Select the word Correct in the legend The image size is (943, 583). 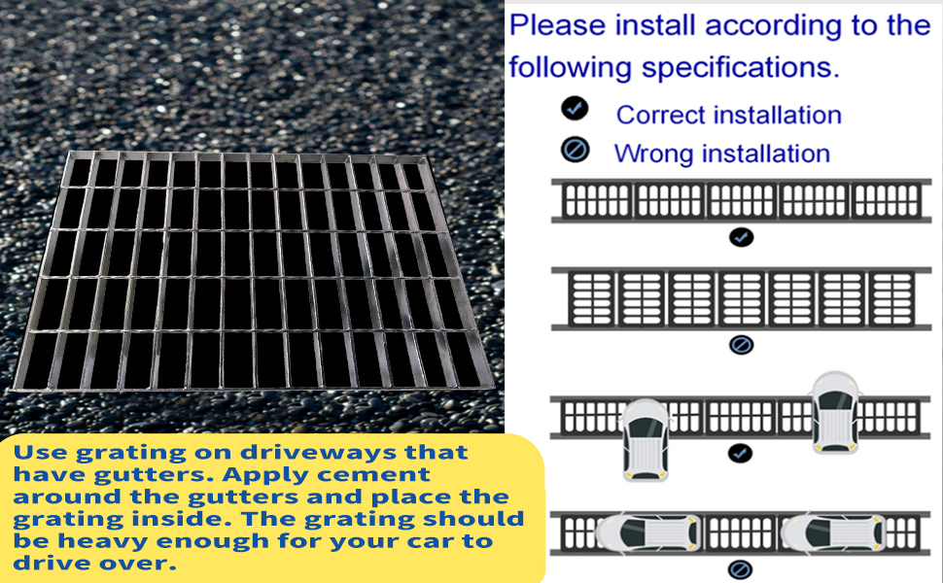coord(660,115)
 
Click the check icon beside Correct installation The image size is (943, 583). coord(575,109)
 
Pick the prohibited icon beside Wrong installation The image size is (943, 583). coord(576,150)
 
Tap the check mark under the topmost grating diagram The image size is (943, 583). coord(741,236)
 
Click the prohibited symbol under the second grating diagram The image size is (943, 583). coord(741,344)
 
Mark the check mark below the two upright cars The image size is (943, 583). coord(741,453)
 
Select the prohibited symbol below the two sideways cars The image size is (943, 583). coord(741,569)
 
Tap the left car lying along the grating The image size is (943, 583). coord(646,532)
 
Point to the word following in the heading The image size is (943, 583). coord(565,68)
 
